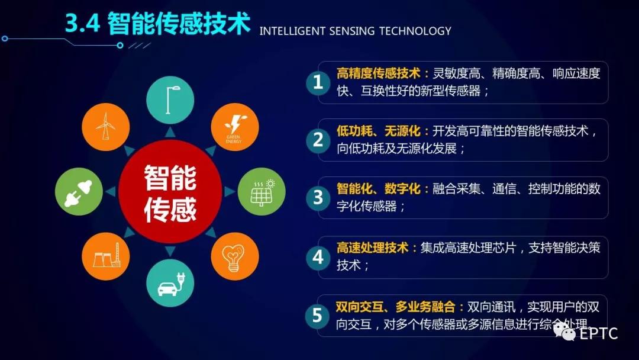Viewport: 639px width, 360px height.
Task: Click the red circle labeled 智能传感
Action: (x=170, y=192)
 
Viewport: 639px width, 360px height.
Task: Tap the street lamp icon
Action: (x=170, y=100)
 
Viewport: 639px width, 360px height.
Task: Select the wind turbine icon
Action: (x=106, y=127)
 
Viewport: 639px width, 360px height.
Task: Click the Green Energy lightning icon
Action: (x=235, y=127)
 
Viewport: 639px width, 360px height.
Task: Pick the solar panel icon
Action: (x=262, y=192)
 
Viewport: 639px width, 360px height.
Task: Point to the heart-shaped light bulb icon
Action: (x=235, y=256)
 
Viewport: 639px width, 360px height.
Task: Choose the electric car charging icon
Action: (x=170, y=283)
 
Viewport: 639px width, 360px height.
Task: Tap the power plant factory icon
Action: (x=106, y=256)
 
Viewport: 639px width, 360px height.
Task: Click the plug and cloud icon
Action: (x=79, y=192)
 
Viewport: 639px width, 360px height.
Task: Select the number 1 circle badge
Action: (x=318, y=82)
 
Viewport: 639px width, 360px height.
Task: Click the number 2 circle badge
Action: (x=318, y=140)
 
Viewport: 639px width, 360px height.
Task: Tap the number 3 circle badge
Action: (x=318, y=198)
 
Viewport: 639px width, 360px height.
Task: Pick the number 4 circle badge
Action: (x=318, y=257)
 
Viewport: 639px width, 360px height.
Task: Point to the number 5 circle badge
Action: (x=317, y=316)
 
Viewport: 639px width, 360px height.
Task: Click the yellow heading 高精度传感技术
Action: (x=378, y=73)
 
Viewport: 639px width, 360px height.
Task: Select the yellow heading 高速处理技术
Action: (x=372, y=247)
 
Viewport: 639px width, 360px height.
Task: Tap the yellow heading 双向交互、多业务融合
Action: (x=395, y=307)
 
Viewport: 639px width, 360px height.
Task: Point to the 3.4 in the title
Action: (x=83, y=23)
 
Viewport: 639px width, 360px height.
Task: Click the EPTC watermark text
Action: (x=598, y=333)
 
